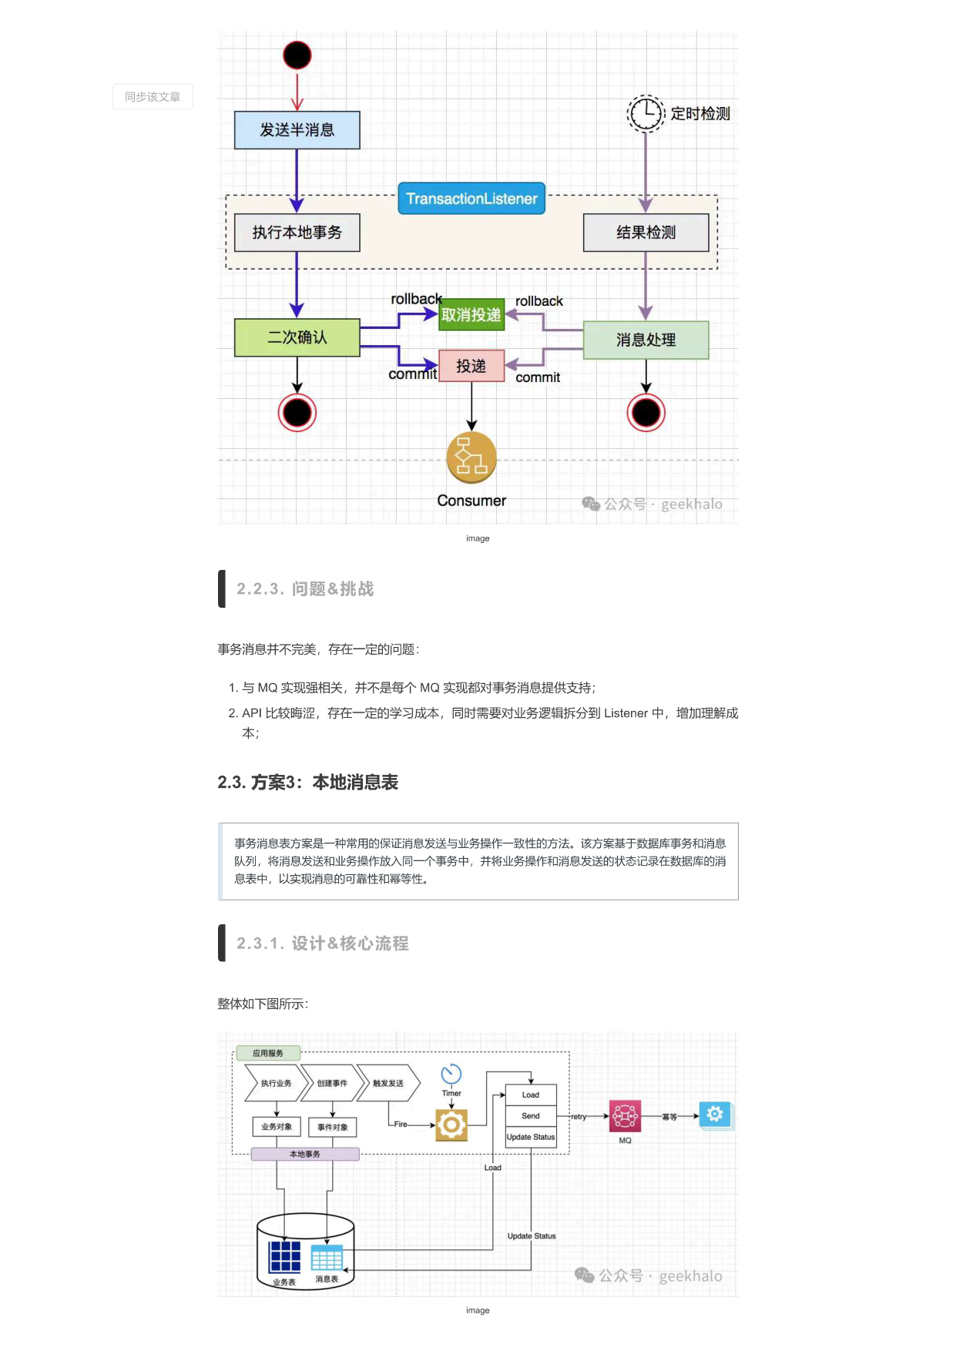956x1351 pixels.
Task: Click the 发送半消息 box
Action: pyautogui.click(x=297, y=129)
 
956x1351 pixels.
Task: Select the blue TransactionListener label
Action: pyautogui.click(x=471, y=198)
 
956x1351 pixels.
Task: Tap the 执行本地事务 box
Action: pyautogui.click(x=297, y=232)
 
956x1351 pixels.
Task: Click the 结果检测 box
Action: pyautogui.click(x=646, y=232)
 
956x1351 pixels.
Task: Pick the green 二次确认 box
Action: pyautogui.click(x=297, y=337)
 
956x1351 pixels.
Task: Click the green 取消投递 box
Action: pyautogui.click(x=471, y=314)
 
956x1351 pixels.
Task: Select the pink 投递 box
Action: pyautogui.click(x=471, y=366)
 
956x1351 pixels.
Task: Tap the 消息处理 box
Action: pyautogui.click(x=646, y=340)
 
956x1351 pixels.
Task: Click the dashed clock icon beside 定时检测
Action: pyautogui.click(x=646, y=113)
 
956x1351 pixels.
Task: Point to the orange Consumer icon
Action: pyautogui.click(x=471, y=457)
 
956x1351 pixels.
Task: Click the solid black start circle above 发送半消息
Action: pyautogui.click(x=297, y=55)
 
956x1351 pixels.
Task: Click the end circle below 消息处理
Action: pyautogui.click(x=646, y=413)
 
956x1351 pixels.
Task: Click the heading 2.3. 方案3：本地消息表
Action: pyautogui.click(x=307, y=783)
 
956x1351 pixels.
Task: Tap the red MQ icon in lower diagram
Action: pyautogui.click(x=625, y=1115)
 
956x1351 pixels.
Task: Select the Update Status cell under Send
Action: pyautogui.click(x=531, y=1137)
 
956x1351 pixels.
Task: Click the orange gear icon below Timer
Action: pyautogui.click(x=451, y=1125)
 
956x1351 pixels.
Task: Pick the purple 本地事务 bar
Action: pyautogui.click(x=305, y=1154)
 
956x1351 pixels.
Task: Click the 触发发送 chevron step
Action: pyautogui.click(x=388, y=1083)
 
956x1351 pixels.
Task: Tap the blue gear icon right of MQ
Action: pyautogui.click(x=715, y=1114)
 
